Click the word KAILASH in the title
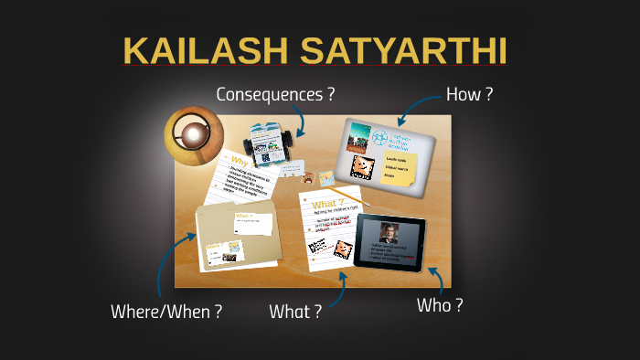205,51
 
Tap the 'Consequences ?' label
274,93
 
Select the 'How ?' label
469,93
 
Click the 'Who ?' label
439,305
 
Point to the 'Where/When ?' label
165,312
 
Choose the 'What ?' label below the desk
294,312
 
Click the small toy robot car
270,145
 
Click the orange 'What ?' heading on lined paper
327,203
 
